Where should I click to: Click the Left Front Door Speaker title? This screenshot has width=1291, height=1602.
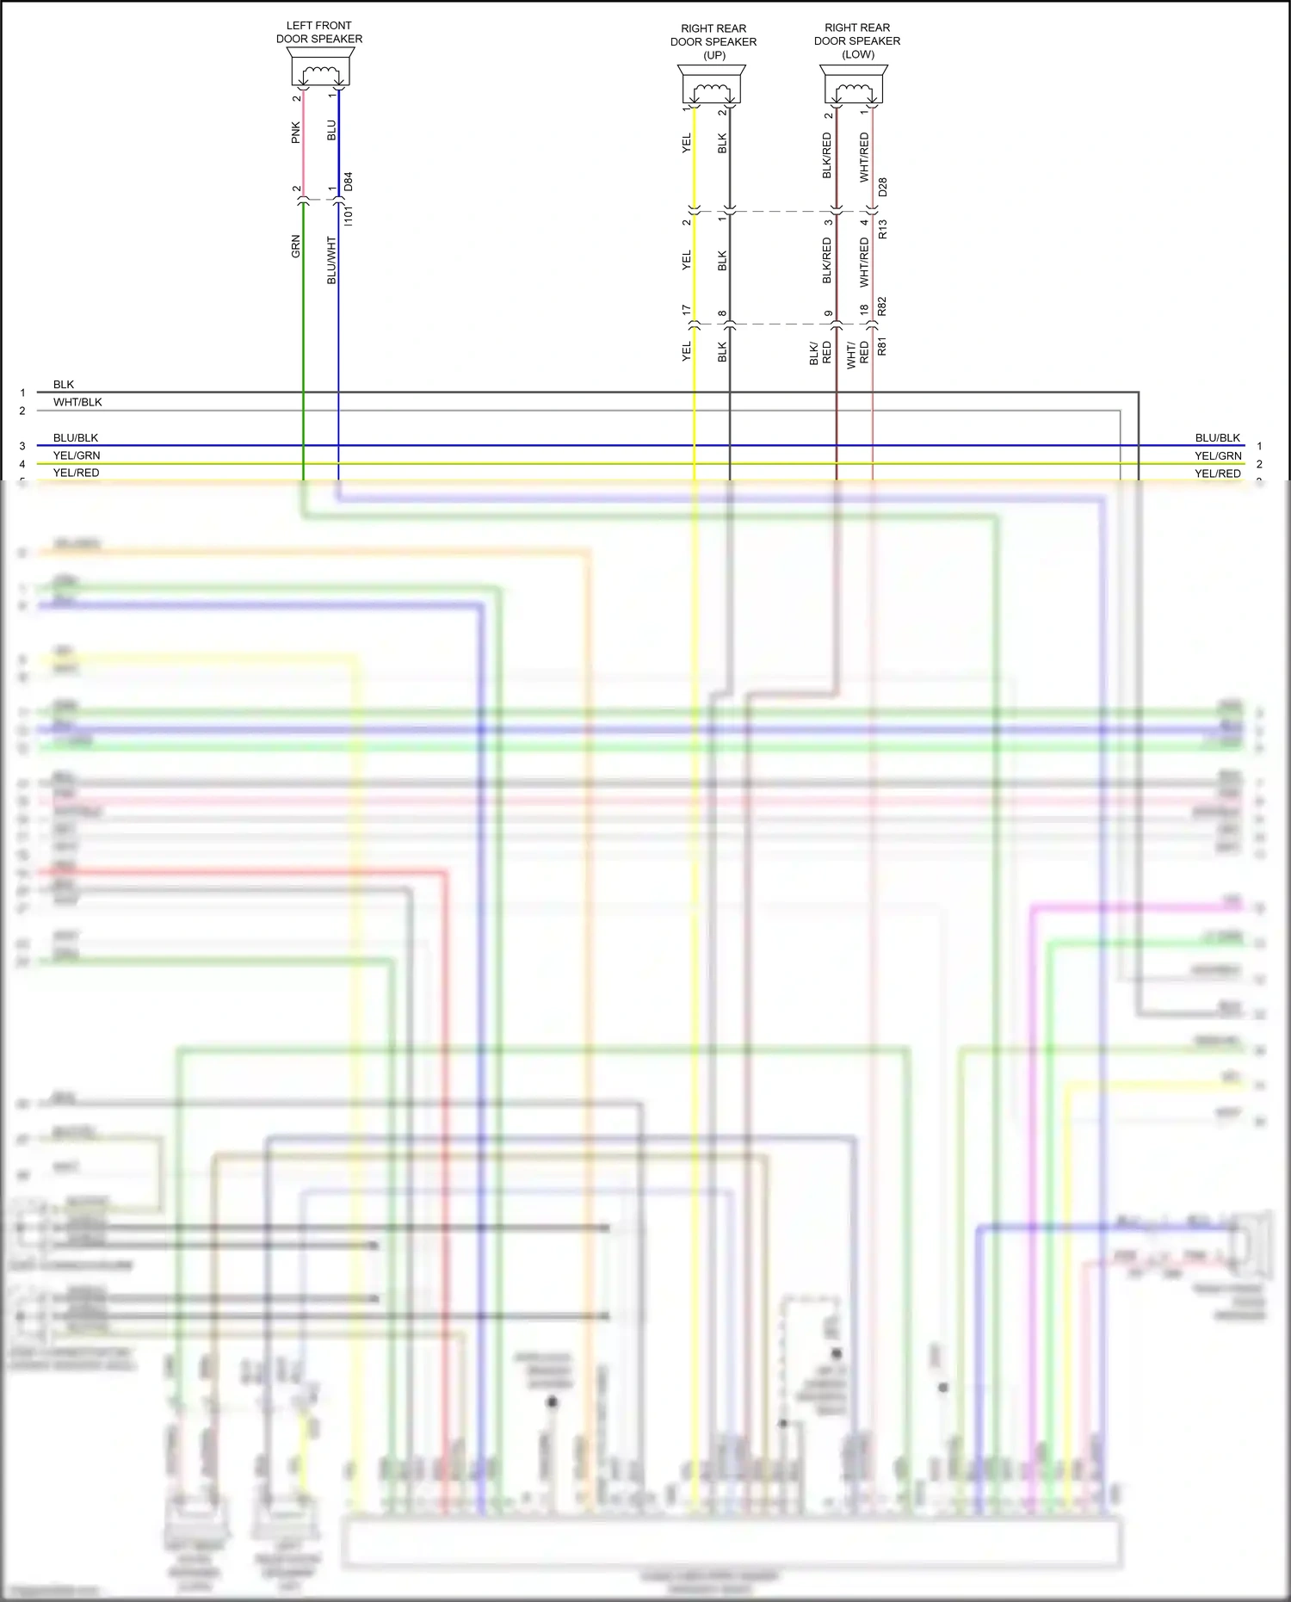(318, 32)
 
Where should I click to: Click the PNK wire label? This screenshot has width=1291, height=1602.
(296, 132)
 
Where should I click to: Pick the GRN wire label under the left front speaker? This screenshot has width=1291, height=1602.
(296, 246)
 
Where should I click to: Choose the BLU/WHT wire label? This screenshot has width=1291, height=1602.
(332, 260)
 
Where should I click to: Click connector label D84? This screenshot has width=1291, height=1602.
(349, 182)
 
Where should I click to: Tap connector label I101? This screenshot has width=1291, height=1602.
(349, 215)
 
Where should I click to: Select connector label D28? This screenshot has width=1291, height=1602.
(882, 187)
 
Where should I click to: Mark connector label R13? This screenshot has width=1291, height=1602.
(882, 229)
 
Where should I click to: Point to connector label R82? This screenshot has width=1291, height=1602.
(882, 306)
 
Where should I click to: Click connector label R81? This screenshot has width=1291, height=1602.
(882, 347)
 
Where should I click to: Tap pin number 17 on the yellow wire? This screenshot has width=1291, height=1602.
(687, 310)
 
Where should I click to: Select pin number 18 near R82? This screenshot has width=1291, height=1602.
(864, 310)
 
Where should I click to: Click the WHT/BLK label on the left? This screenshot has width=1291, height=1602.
(77, 402)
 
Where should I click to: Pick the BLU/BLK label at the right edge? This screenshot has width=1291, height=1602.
(1218, 438)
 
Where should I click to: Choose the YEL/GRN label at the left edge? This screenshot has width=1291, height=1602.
(77, 455)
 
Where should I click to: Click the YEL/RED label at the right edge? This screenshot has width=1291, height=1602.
(1218, 473)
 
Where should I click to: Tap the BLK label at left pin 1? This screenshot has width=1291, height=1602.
(64, 385)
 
